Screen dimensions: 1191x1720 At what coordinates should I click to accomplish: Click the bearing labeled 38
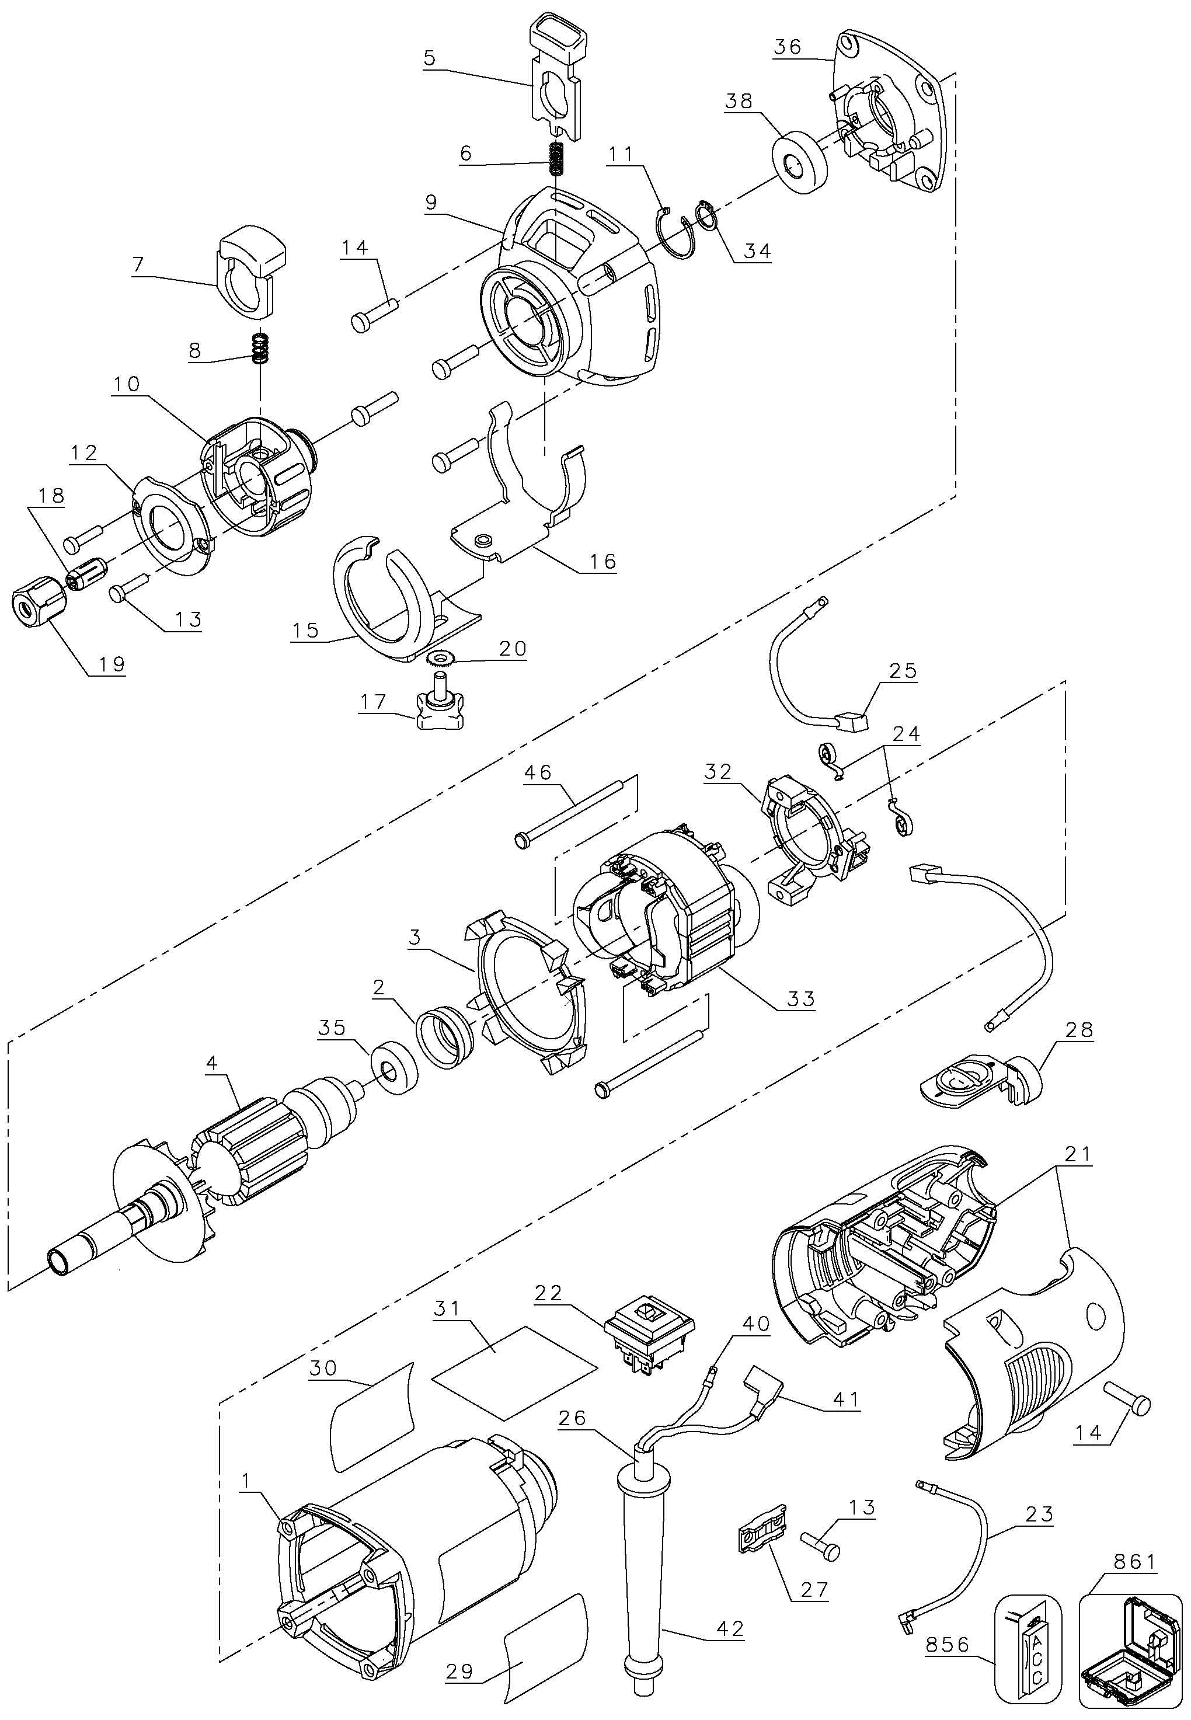click(x=799, y=164)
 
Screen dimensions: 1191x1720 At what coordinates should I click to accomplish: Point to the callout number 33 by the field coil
click(x=801, y=998)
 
